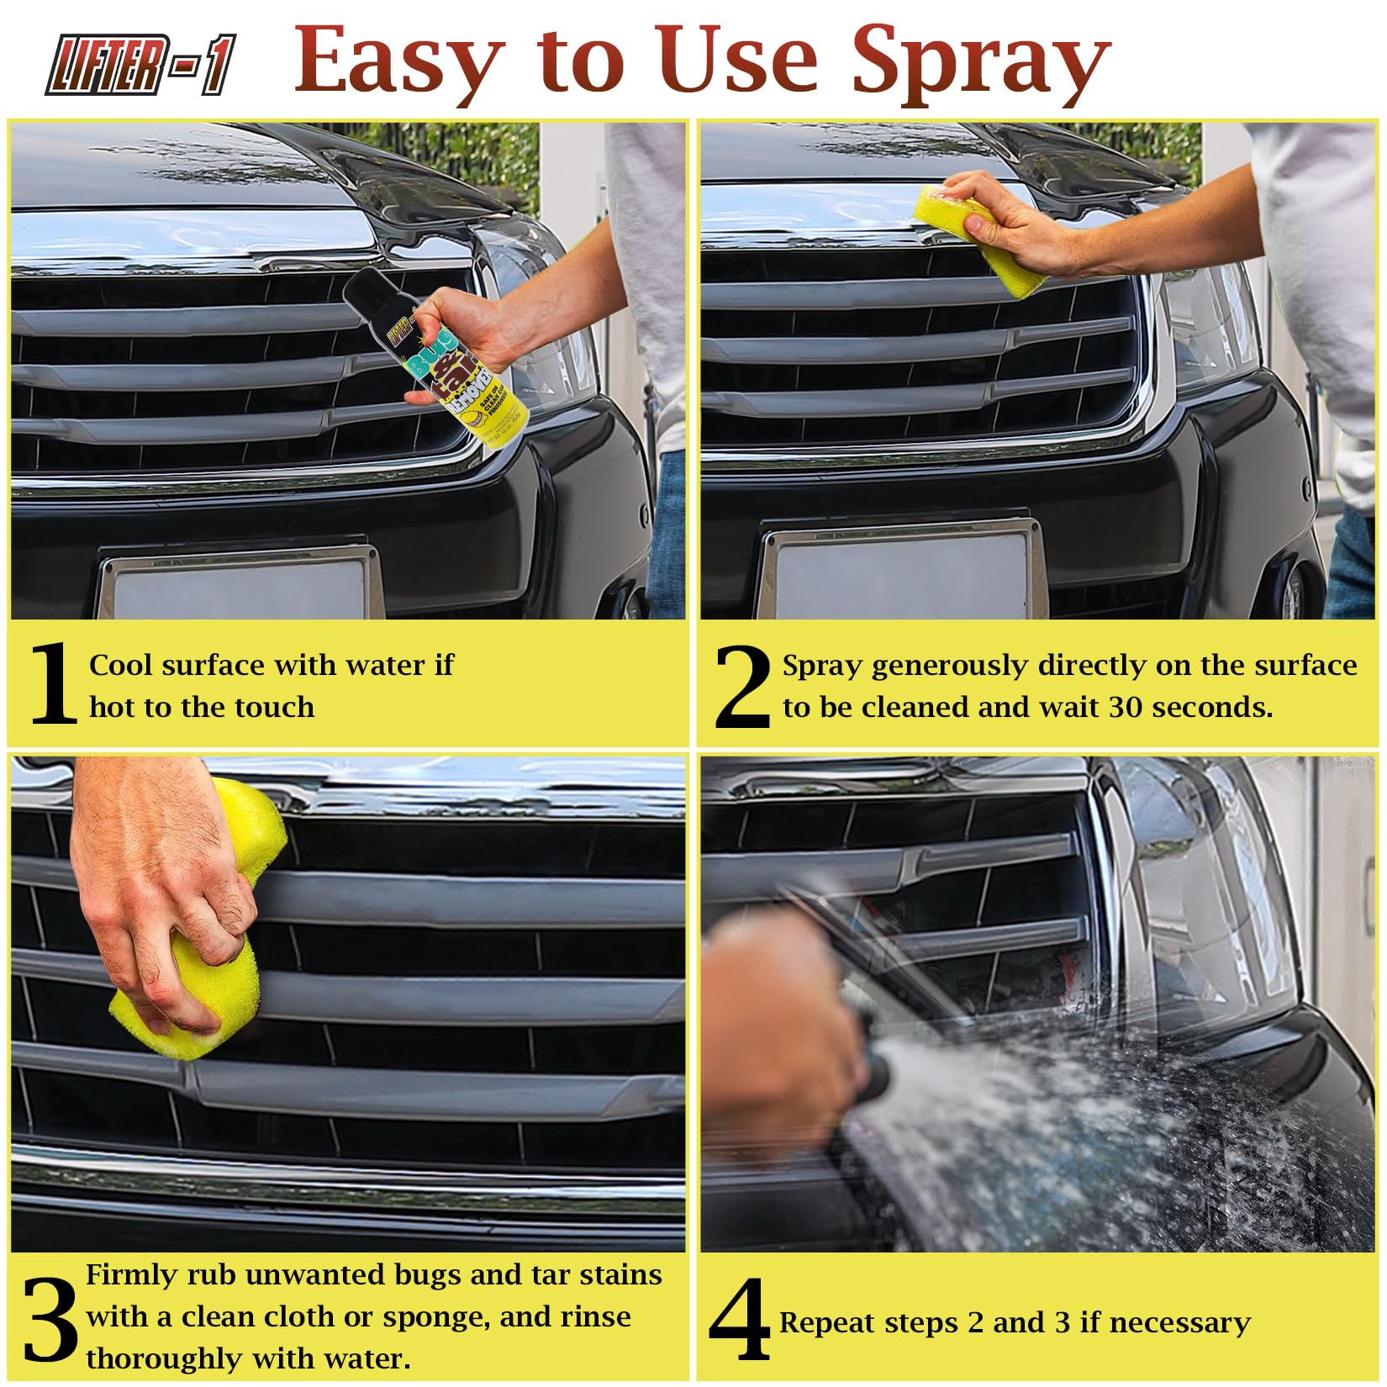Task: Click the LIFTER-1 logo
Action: tap(140, 63)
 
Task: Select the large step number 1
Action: tap(52, 683)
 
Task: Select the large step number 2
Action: tap(742, 688)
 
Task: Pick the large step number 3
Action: tap(50, 1321)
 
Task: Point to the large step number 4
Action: tap(740, 1321)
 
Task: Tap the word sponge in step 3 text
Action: tap(435, 1317)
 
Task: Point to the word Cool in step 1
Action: tap(121, 665)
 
